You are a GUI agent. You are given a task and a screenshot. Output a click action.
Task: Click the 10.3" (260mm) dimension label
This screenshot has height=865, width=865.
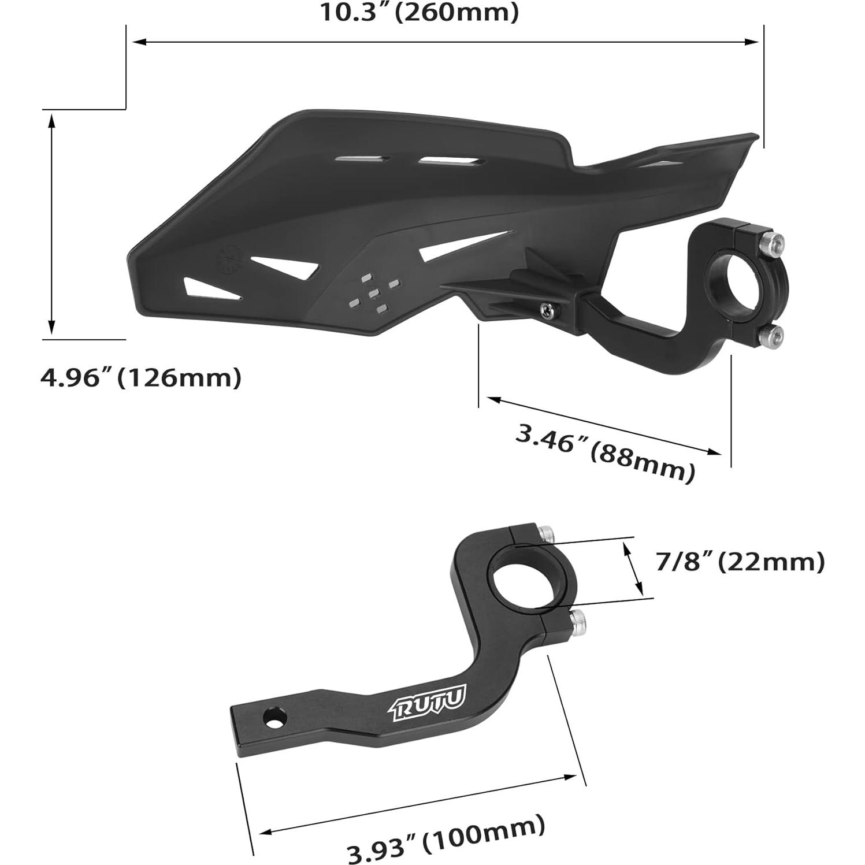click(419, 13)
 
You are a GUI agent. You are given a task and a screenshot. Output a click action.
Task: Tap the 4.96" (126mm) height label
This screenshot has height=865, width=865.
click(140, 378)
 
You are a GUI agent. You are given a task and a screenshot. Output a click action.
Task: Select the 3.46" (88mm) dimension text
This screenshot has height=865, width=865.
click(604, 453)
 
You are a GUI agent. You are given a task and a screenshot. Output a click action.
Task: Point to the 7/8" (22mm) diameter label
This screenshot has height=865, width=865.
click(740, 562)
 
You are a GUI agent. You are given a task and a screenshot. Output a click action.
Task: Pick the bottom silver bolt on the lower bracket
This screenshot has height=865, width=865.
click(578, 622)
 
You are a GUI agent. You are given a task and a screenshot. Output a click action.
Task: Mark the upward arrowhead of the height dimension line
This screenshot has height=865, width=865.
click(52, 118)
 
